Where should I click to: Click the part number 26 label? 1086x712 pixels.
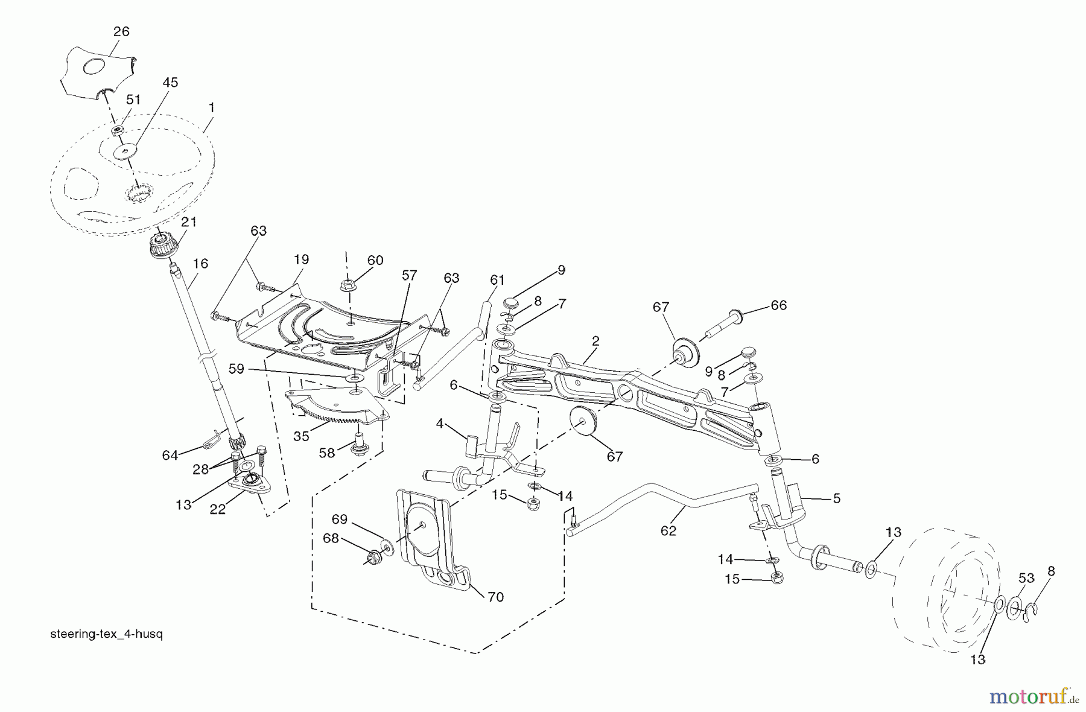[121, 31]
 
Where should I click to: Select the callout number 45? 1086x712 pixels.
[170, 83]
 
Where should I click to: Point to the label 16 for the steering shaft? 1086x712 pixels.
[200, 264]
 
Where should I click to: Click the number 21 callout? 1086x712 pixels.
[189, 222]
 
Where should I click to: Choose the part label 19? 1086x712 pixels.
[301, 259]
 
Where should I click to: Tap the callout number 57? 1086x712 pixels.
[409, 275]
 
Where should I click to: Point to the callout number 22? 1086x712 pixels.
[218, 509]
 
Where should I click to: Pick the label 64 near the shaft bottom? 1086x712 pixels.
[170, 455]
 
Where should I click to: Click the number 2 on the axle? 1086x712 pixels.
[595, 341]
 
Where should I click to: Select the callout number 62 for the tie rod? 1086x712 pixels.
[668, 530]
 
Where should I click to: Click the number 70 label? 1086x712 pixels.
[495, 597]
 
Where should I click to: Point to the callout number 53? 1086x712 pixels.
[1026, 578]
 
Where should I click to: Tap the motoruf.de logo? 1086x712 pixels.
[1032, 698]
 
